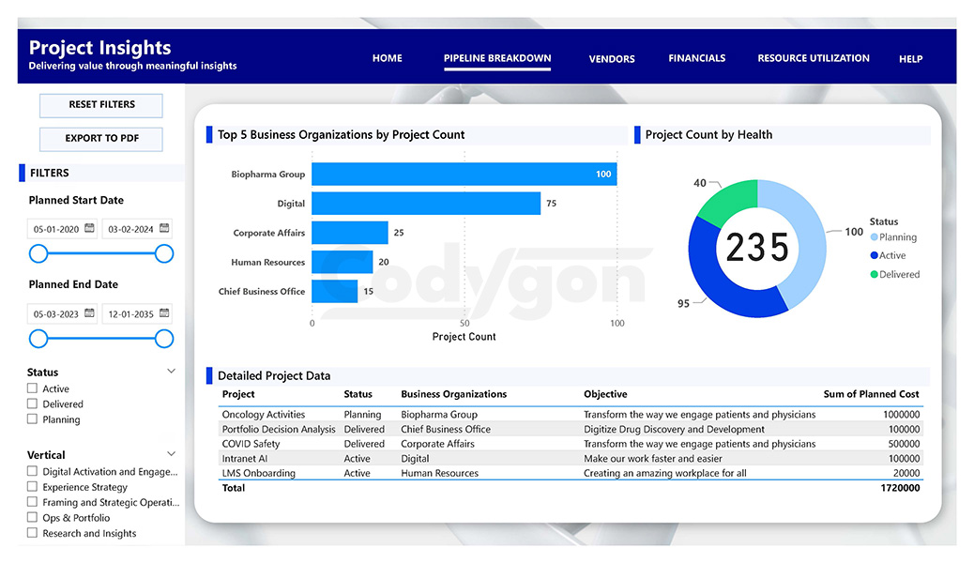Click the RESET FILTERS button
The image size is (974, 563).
pos(101,105)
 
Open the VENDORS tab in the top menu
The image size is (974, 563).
pos(612,59)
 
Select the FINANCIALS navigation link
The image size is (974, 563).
pos(696,58)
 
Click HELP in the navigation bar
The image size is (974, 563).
pos(910,59)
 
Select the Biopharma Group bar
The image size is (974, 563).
pos(464,175)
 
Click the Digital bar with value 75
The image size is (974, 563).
pos(425,204)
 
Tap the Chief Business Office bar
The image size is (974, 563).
pos(334,292)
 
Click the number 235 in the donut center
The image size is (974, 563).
pos(757,248)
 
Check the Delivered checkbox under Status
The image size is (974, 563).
pos(33,404)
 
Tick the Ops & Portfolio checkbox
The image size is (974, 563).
pos(33,518)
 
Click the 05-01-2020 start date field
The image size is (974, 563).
pos(54,229)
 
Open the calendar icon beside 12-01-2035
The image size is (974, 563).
pos(164,313)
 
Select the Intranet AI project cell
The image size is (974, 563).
pos(245,459)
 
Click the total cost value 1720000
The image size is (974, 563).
pos(899,488)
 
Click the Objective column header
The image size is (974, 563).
pos(605,394)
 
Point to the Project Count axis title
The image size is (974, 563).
pos(464,337)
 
